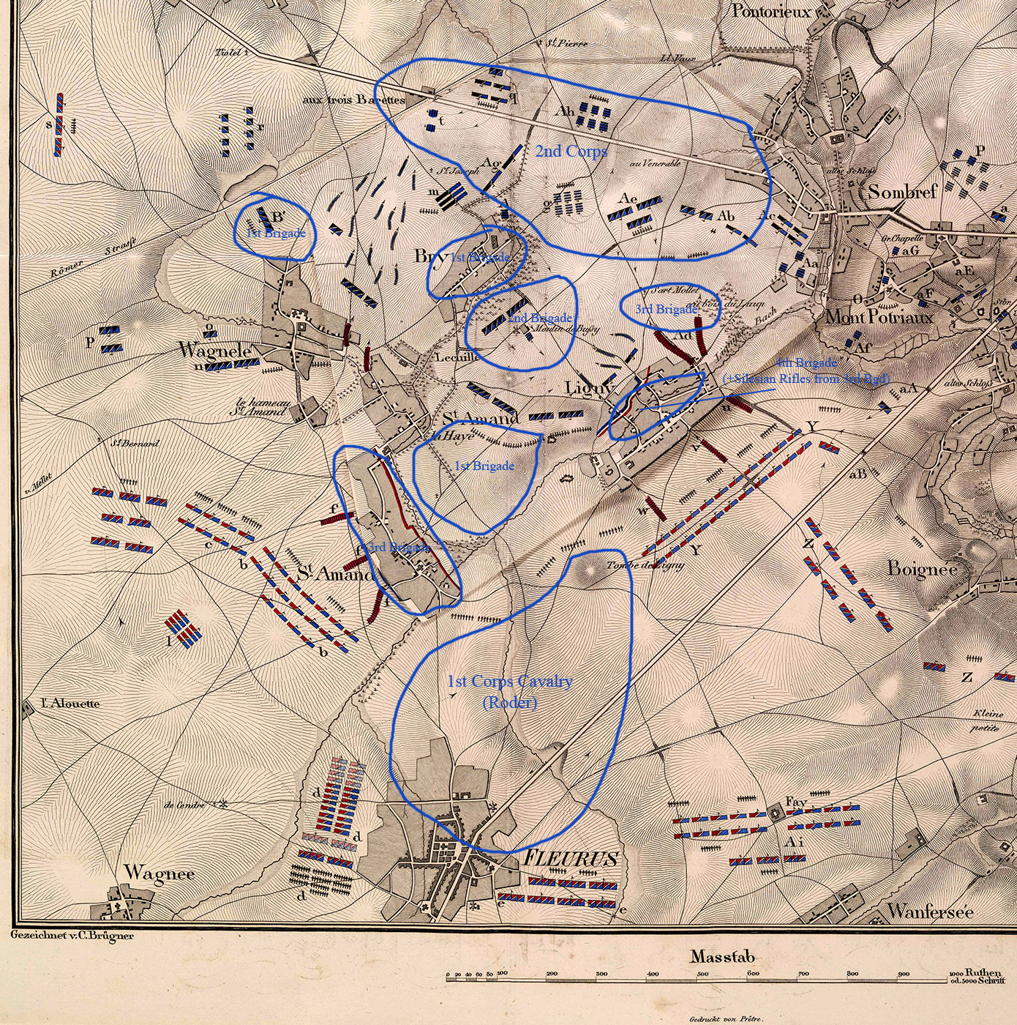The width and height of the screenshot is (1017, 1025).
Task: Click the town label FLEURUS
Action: [x=570, y=859]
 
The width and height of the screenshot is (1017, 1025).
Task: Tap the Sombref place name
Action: [x=902, y=192]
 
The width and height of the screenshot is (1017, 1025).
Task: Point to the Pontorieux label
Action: [x=771, y=11]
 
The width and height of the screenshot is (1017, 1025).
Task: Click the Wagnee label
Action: [x=159, y=873]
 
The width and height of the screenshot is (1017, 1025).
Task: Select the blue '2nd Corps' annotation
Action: [x=571, y=152]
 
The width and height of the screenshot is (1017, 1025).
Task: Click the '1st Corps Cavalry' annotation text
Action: [x=509, y=682]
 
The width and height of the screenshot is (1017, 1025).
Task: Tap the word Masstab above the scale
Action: [x=722, y=956]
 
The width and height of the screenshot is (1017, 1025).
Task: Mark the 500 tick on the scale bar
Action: [x=702, y=974]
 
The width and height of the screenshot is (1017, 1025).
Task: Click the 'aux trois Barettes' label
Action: [x=353, y=100]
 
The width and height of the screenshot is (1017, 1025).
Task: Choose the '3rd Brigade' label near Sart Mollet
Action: [x=666, y=310]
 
